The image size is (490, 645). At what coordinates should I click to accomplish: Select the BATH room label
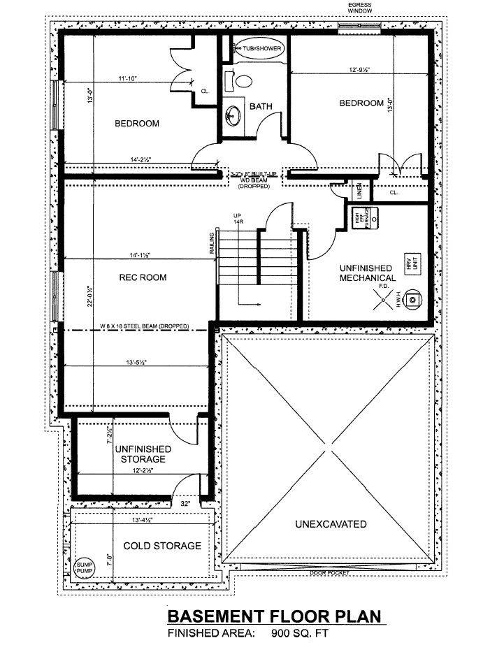tap(261, 107)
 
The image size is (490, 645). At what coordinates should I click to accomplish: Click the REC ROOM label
tap(142, 277)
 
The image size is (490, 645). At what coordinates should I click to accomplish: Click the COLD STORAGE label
tap(162, 546)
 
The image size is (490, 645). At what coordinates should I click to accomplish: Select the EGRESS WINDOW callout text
tap(359, 8)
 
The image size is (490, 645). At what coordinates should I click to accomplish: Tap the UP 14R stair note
tap(238, 218)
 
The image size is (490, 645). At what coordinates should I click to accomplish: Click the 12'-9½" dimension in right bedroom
tap(361, 69)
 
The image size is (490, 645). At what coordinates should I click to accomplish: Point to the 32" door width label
tap(186, 503)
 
